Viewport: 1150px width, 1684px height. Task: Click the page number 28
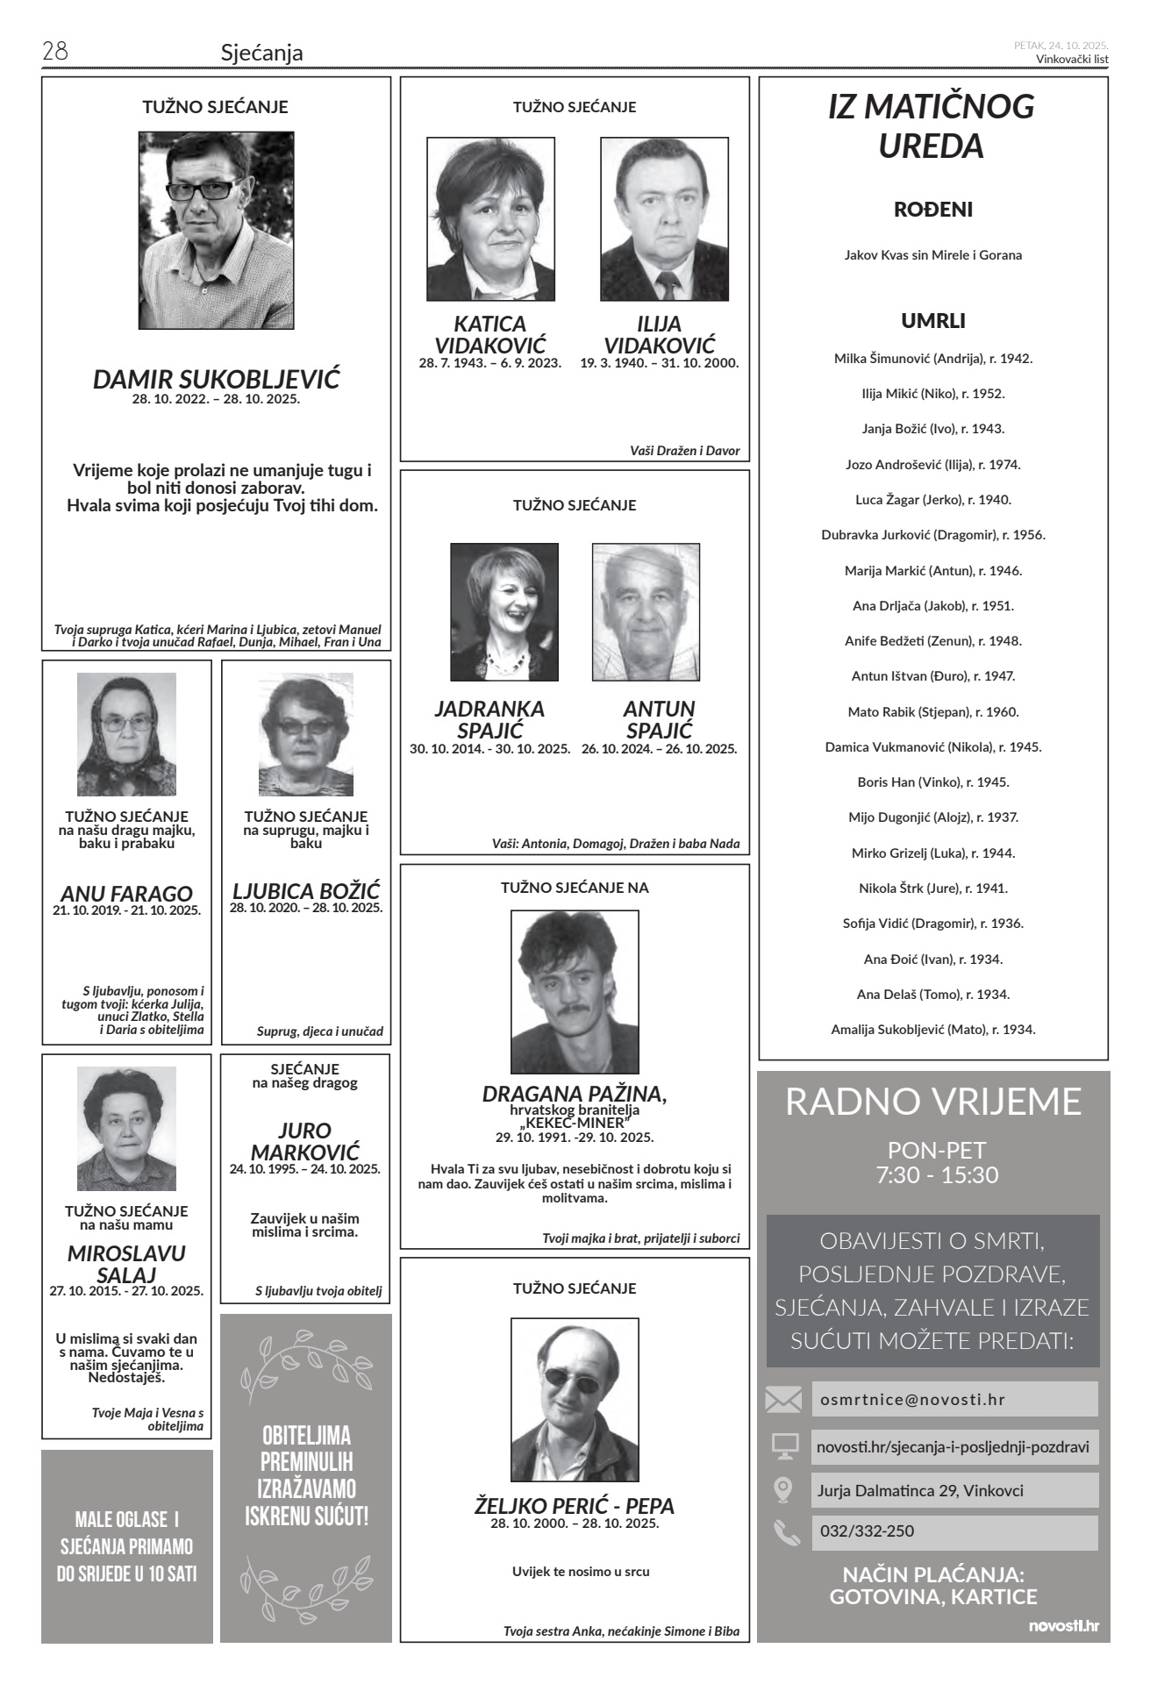(54, 52)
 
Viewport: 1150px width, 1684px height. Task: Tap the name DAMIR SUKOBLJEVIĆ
(216, 380)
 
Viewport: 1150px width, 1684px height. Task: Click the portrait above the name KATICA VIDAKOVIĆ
(490, 219)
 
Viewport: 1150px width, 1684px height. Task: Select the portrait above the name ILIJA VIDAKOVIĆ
(664, 219)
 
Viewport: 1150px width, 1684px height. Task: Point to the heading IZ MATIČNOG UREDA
(932, 126)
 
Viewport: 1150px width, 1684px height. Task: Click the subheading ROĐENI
(932, 210)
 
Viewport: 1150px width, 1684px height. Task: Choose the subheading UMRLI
(932, 321)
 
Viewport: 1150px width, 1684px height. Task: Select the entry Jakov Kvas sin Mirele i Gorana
(932, 255)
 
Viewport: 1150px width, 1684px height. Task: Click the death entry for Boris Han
(932, 781)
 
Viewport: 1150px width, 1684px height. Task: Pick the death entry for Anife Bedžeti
(932, 640)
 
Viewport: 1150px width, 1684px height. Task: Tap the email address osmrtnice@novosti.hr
(912, 1400)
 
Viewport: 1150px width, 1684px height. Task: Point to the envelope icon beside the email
(783, 1400)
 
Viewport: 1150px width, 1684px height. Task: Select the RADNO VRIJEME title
(932, 1102)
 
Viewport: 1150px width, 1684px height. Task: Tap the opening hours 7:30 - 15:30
(936, 1175)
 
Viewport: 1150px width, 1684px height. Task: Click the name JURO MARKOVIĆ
(304, 1141)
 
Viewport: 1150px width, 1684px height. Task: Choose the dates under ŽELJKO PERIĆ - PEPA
(575, 1523)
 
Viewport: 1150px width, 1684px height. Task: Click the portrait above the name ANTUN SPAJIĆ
(646, 612)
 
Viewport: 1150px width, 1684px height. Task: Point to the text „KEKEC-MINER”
(575, 1124)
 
